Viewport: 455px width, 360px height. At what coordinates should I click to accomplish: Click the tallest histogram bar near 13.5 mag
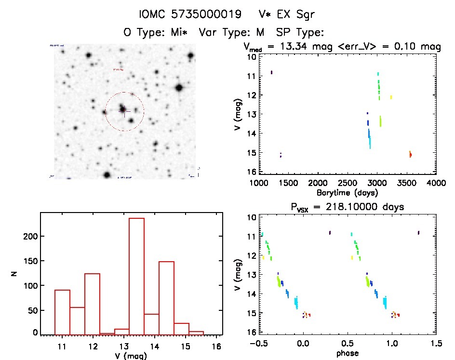(x=136, y=276)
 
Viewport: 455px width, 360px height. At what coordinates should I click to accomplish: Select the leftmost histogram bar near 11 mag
(x=62, y=312)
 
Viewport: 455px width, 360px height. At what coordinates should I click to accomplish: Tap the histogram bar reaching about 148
(x=166, y=298)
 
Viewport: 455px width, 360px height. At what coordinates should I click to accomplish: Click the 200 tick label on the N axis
(x=29, y=236)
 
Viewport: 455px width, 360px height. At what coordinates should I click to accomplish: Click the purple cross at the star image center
(x=124, y=112)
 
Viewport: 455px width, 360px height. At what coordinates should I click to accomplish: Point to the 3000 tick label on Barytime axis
(x=377, y=183)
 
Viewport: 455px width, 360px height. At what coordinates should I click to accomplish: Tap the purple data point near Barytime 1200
(x=271, y=72)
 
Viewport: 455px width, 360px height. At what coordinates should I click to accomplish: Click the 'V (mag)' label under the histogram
(x=131, y=356)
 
